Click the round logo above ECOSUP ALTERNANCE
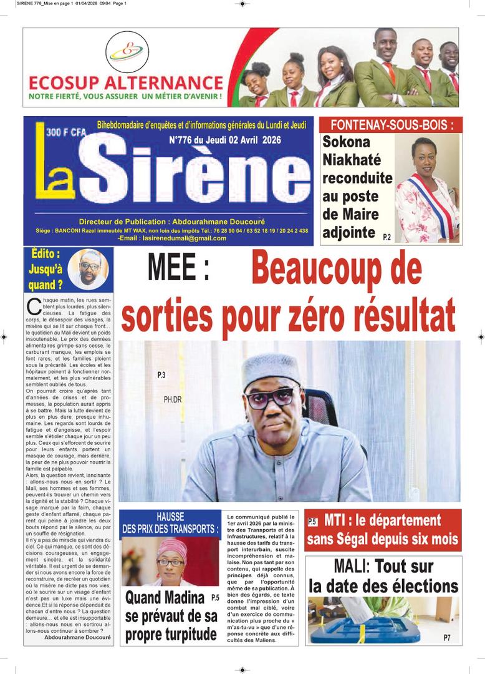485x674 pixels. tap(127, 52)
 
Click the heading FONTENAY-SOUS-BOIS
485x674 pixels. tap(390, 124)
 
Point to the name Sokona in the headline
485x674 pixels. tap(346, 142)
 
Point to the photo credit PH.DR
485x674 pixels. tap(173, 399)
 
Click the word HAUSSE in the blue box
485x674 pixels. tap(170, 517)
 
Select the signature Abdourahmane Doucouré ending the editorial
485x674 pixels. tap(77, 638)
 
